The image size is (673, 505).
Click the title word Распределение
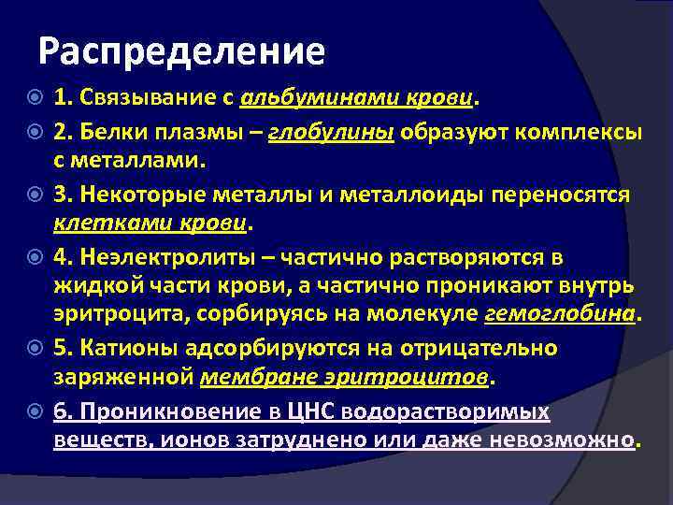182,52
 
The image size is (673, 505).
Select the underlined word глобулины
333,133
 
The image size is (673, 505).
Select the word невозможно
573,440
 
